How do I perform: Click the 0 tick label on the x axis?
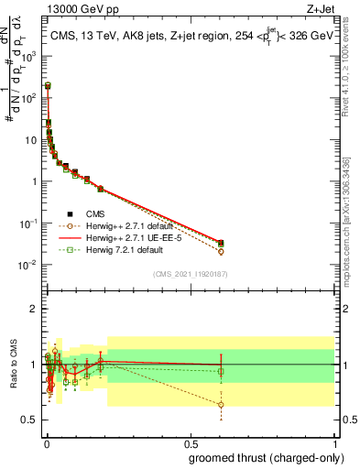[x=46, y=442]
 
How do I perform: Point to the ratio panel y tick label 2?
[x=35, y=309]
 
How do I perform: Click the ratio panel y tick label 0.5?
[x=31, y=420]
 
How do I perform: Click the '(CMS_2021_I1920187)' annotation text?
[x=191, y=274]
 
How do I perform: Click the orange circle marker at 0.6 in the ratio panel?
[x=221, y=404]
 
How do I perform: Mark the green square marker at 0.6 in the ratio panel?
[x=221, y=372]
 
